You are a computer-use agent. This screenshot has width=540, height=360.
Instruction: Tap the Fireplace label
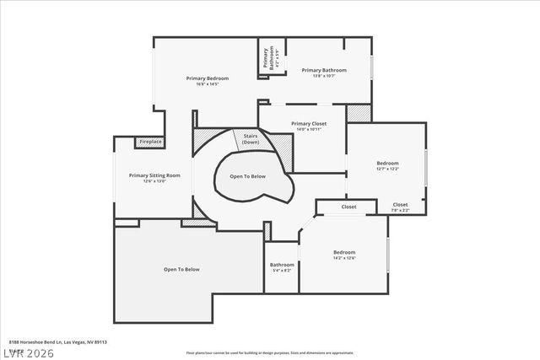tap(150, 142)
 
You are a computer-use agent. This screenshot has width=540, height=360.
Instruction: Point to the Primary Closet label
tap(309, 124)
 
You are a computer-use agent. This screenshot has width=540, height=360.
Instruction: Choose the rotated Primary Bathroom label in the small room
tap(267, 57)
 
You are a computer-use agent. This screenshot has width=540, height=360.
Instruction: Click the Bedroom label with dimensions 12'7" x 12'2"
tap(387, 163)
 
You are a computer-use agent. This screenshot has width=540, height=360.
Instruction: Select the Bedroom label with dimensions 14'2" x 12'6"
tap(344, 252)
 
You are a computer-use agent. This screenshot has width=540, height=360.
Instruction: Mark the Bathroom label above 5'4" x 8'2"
tap(282, 265)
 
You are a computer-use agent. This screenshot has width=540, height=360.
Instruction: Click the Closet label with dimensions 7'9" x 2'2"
tap(400, 205)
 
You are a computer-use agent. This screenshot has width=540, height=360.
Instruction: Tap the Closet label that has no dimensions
tap(348, 207)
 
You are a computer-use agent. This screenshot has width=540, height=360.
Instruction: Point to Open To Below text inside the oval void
tap(247, 176)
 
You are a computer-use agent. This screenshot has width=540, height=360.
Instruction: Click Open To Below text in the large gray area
tap(181, 269)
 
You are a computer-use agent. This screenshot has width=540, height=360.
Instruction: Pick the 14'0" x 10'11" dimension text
tap(309, 130)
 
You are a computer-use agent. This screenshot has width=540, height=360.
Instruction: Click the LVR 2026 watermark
tap(27, 352)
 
